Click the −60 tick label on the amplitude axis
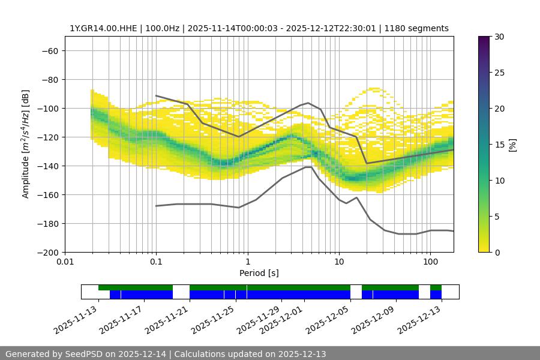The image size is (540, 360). [49, 50]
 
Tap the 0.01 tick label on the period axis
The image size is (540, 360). [65, 262]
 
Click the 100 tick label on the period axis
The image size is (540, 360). [430, 262]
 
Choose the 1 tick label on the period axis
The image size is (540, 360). [247, 262]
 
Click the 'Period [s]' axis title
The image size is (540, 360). [259, 273]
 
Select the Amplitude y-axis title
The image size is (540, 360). [26, 144]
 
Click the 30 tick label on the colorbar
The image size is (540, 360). [499, 37]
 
